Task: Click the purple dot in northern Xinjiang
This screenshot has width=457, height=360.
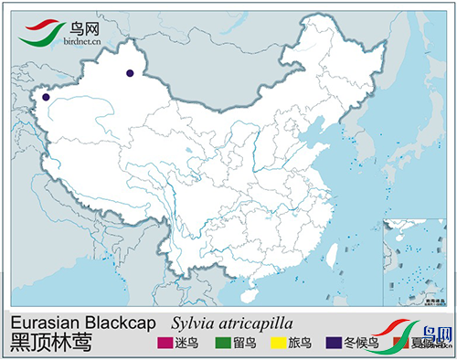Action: [131, 72]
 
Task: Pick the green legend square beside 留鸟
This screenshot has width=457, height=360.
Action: [220, 344]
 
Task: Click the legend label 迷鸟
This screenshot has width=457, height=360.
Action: [186, 344]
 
